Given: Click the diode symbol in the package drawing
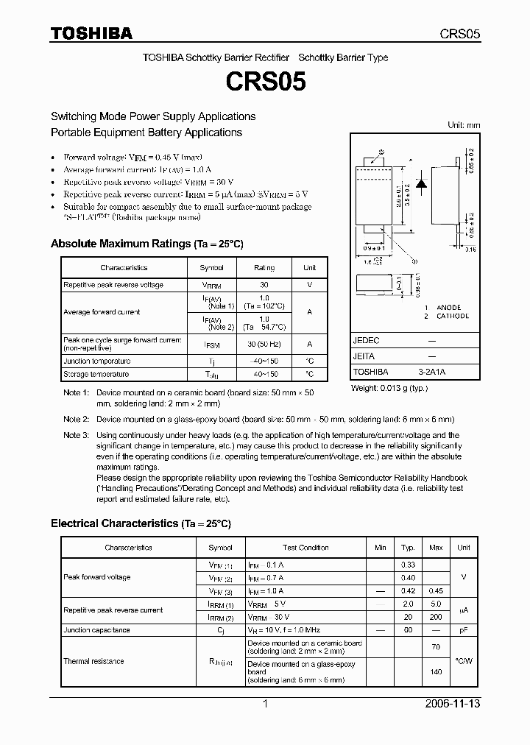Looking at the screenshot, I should (423, 184).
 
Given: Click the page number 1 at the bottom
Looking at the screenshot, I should (265, 704).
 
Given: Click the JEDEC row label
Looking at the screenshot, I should (366, 340).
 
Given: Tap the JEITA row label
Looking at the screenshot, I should (364, 356).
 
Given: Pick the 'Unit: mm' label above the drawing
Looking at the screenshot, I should (464, 126).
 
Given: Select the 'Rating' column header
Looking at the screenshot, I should (264, 268).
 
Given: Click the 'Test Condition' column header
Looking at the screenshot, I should (305, 548).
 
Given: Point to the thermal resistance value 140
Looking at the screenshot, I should (436, 672).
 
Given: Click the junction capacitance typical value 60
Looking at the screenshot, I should (407, 630).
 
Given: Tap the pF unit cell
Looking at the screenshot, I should (464, 630).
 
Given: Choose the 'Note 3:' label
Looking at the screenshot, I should (76, 435).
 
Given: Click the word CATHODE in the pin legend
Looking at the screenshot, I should (453, 316).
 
